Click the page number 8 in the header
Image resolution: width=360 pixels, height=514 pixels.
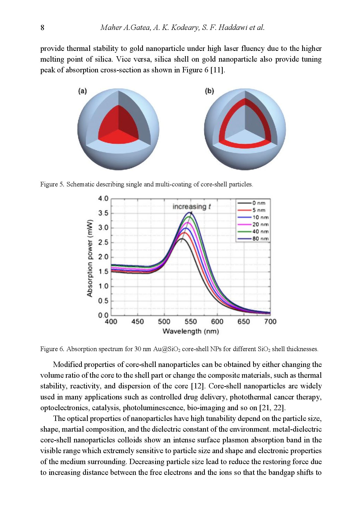coord(42,28)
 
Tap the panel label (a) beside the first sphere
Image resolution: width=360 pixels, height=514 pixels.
coord(83,91)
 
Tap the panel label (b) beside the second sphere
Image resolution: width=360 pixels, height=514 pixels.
coord(209,91)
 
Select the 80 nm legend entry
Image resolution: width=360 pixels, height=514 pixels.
coord(253,239)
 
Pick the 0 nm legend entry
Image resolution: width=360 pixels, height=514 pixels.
coord(252,203)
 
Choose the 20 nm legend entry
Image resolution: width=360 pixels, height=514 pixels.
coord(253,225)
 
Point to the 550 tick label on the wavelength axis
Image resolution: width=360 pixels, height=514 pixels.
coord(191,322)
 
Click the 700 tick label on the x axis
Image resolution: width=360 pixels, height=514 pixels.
coord(270,322)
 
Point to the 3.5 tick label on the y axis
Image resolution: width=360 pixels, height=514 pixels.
coord(103,213)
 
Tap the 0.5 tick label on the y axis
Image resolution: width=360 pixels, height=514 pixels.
coord(103,301)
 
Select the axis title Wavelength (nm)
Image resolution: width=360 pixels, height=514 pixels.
coord(191,331)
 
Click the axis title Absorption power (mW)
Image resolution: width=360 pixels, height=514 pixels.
coord(89,258)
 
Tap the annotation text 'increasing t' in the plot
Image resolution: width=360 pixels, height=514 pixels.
coord(192,207)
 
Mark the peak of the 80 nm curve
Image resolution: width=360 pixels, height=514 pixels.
coord(189,212)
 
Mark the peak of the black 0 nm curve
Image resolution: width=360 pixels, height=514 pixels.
coord(182,239)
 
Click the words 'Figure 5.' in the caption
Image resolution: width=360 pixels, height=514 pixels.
coord(52,184)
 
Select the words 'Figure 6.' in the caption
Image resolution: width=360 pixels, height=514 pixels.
coord(52,349)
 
